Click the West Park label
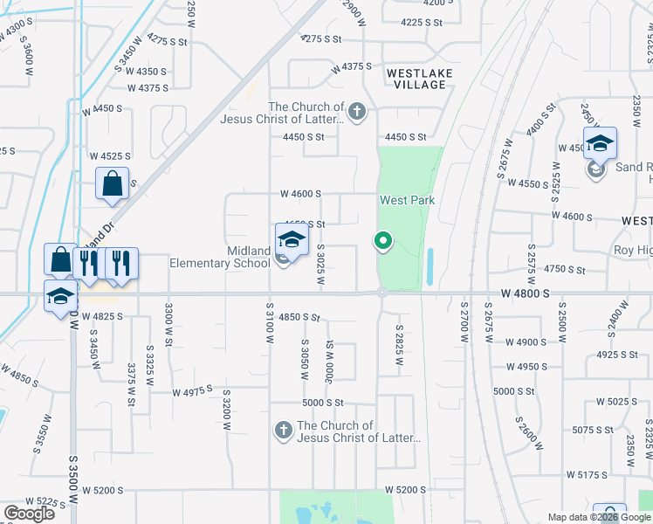pos(406,200)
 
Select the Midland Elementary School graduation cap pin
pos(292,239)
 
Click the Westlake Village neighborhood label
pos(404,79)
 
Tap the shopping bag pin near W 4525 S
pos(112,183)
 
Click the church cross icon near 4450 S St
pos(356,111)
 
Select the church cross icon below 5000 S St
pos(282,430)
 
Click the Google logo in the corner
pos(29,514)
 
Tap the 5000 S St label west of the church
pos(323,403)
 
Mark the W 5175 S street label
pos(587,475)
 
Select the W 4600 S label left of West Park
pos(300,194)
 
